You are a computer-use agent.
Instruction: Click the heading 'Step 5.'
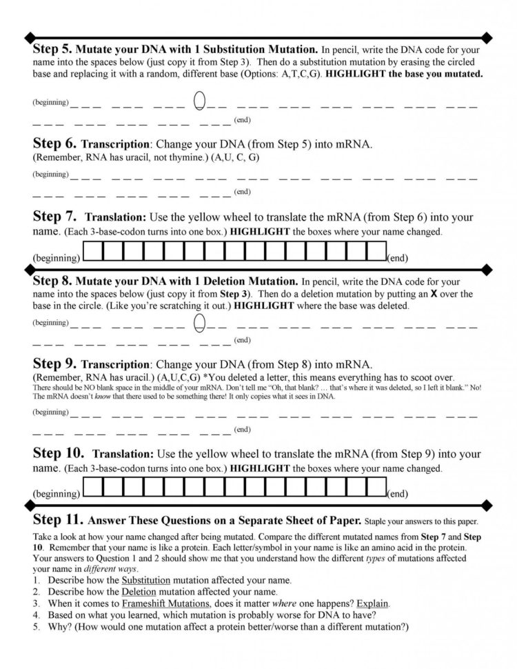tap(52, 50)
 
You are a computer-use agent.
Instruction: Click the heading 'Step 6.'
tap(54, 145)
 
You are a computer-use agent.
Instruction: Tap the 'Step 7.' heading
tap(55, 217)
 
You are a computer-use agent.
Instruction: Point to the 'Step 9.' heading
tap(54, 363)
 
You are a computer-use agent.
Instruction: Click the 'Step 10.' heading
tap(59, 454)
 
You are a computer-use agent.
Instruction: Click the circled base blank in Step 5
tap(200, 101)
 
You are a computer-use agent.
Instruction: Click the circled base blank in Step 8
tap(200, 321)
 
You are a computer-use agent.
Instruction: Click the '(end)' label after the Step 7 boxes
tap(398, 258)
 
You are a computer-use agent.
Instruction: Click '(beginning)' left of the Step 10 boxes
tap(57, 494)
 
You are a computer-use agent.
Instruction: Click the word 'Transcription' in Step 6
tap(115, 146)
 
